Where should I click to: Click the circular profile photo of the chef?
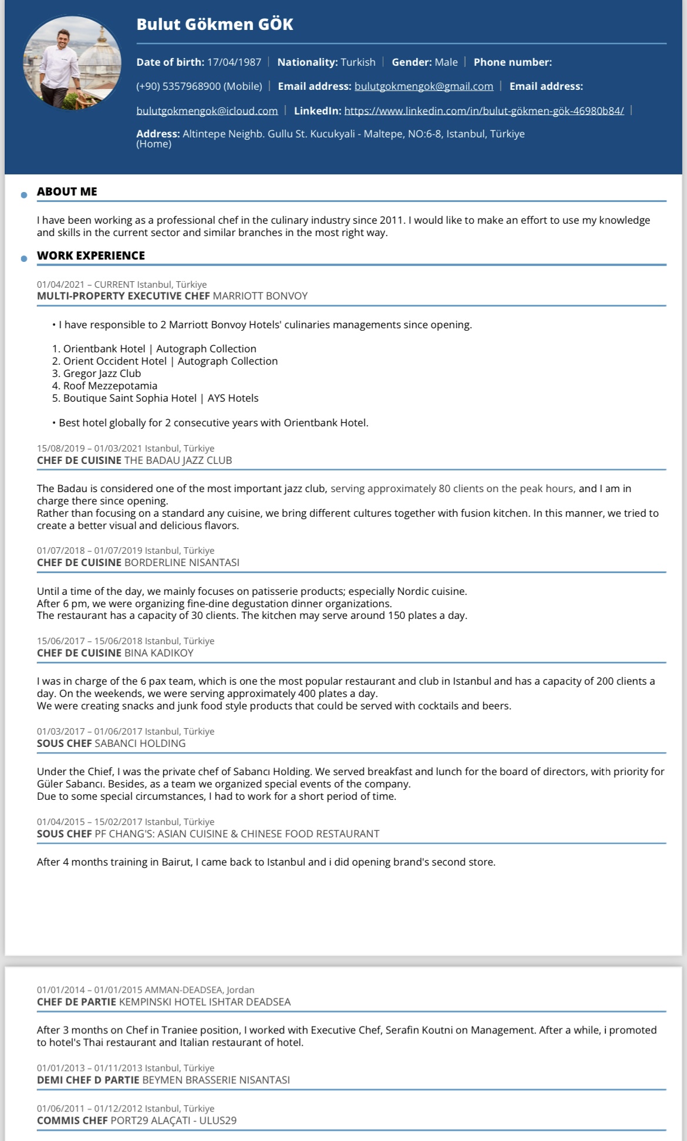click(x=72, y=63)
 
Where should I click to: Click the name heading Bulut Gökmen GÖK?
click(x=214, y=25)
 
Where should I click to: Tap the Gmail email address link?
click(x=423, y=86)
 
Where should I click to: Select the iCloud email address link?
click(x=207, y=111)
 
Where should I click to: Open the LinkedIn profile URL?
click(x=484, y=111)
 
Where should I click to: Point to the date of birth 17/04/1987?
click(x=234, y=62)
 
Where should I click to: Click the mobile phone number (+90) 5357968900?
click(x=199, y=86)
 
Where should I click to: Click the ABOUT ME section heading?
click(x=67, y=191)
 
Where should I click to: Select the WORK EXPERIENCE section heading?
click(x=90, y=255)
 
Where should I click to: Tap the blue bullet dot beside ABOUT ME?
click(x=24, y=195)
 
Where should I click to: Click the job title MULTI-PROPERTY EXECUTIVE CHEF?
click(x=123, y=296)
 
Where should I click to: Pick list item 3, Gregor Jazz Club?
click(x=102, y=373)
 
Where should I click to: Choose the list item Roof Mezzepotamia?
click(x=110, y=386)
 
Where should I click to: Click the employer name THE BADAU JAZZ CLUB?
click(x=178, y=460)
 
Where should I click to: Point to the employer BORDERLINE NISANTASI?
click(x=182, y=563)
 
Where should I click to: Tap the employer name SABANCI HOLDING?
click(x=140, y=743)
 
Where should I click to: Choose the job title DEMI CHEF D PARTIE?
click(x=88, y=1080)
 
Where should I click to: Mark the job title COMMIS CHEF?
click(x=72, y=1120)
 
